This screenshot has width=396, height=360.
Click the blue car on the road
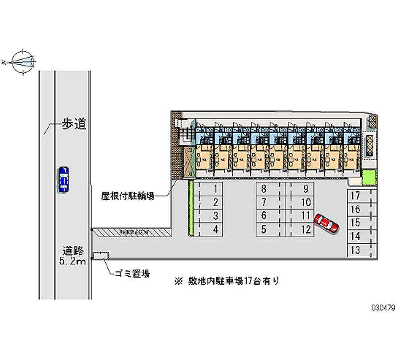pyautogui.click(x=63, y=179)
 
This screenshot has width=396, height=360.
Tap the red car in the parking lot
pyautogui.click(x=327, y=223)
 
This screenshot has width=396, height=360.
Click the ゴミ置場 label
pyautogui.click(x=132, y=273)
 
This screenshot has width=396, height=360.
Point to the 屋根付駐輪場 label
pyautogui.click(x=128, y=196)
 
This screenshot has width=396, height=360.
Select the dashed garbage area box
pyautogui.click(x=101, y=256)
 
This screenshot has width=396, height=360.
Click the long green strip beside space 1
pyautogui.click(x=190, y=207)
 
